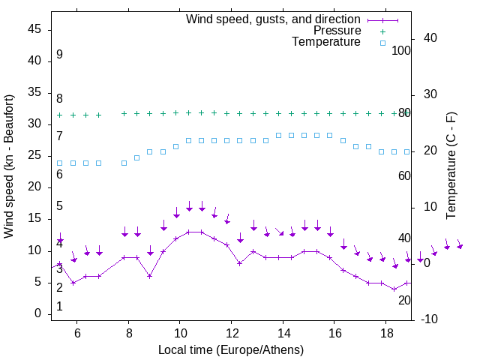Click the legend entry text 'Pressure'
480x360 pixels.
(x=337, y=31)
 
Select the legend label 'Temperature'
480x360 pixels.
(x=326, y=42)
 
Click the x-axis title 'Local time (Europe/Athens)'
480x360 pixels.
(x=231, y=349)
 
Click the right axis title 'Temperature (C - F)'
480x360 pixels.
(x=451, y=166)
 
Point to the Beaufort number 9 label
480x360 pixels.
(x=59, y=55)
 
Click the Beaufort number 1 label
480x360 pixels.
(x=59, y=307)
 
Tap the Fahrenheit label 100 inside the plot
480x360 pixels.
(x=402, y=50)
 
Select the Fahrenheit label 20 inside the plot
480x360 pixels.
(x=404, y=300)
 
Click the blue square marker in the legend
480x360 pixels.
(x=382, y=43)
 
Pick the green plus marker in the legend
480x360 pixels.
(x=382, y=31)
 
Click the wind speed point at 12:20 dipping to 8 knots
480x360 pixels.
(x=239, y=263)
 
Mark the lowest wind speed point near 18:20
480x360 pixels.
(x=394, y=289)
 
